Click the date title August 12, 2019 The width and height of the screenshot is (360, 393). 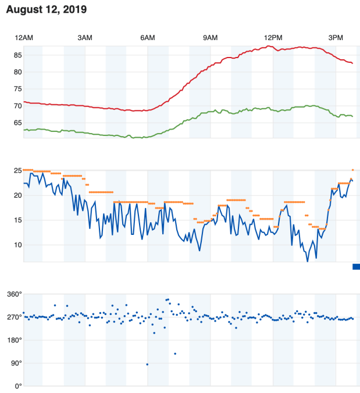[x=46, y=10]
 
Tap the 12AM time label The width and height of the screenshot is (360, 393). [x=24, y=38]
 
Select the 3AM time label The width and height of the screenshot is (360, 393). [x=85, y=38]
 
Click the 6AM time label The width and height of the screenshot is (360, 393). [x=148, y=38]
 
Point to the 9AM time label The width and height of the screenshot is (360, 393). [x=210, y=38]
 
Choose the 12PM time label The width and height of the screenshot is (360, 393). [x=273, y=38]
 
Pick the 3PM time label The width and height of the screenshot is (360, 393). [x=336, y=38]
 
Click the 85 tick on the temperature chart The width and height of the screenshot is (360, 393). [x=17, y=55]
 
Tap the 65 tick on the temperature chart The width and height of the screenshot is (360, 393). [x=17, y=123]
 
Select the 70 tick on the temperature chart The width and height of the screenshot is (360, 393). [x=17, y=106]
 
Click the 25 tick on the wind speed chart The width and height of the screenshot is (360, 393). [x=17, y=170]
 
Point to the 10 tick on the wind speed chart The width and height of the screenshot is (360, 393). [x=17, y=245]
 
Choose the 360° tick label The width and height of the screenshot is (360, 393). [x=14, y=294]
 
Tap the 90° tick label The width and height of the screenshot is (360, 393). [x=16, y=363]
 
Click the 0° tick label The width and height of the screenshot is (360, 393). [x=18, y=386]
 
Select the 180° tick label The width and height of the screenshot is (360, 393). [x=14, y=340]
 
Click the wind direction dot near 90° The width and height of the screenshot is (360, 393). [x=147, y=365]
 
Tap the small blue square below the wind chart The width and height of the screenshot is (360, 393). [x=356, y=266]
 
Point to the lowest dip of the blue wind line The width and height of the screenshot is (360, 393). [x=308, y=261]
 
